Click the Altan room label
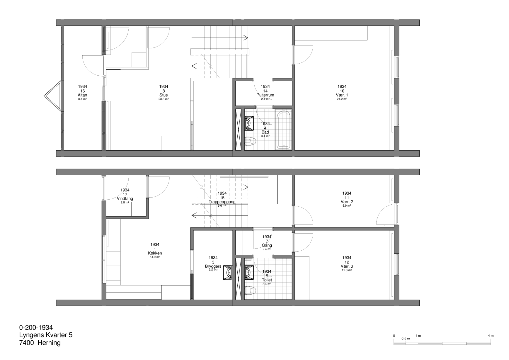click(82, 95)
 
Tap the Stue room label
click(164, 95)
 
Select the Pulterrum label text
click(265, 95)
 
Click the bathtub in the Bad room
click(283, 129)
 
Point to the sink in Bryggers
click(227, 272)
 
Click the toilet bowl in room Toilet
click(251, 291)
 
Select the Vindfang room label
click(125, 198)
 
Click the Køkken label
click(155, 253)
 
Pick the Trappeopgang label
click(222, 202)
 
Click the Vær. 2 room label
click(347, 202)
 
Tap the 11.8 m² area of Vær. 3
click(347, 270)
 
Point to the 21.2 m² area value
click(342, 99)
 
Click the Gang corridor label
click(267, 245)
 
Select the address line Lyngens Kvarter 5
click(46, 335)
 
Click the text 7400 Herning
click(40, 343)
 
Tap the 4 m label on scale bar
click(491, 336)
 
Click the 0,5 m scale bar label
click(406, 338)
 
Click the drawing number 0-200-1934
click(36, 327)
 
